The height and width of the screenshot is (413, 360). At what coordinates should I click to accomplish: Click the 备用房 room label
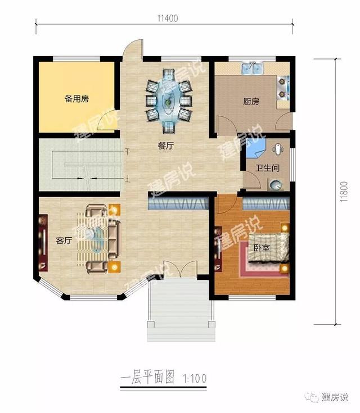click(x=76, y=99)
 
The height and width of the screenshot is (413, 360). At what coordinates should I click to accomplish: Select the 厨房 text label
click(x=251, y=102)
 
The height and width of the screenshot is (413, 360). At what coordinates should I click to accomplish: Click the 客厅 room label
click(x=64, y=240)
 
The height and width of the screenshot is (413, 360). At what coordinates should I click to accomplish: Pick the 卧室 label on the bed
click(x=260, y=248)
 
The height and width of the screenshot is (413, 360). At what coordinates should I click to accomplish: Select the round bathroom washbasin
click(x=275, y=184)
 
